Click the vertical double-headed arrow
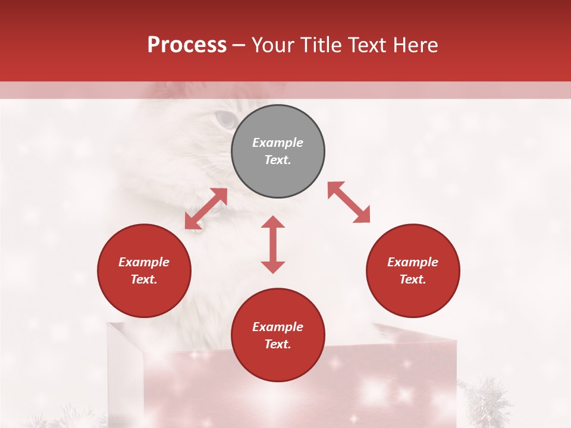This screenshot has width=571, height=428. [273, 244]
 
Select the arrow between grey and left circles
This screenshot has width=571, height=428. [206, 209]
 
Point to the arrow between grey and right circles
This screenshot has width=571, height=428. [349, 203]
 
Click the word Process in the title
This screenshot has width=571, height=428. [187, 45]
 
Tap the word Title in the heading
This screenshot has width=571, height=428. [323, 45]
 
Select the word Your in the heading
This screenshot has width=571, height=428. [273, 45]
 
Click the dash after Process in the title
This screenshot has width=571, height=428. [239, 45]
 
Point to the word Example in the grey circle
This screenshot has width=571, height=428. [278, 143]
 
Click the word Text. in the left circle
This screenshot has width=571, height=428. [144, 279]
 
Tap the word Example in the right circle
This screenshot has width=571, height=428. [413, 262]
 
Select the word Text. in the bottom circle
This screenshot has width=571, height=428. [278, 344]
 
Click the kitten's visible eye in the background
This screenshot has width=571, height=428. [225, 119]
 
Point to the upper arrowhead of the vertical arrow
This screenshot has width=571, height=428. [273, 223]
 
